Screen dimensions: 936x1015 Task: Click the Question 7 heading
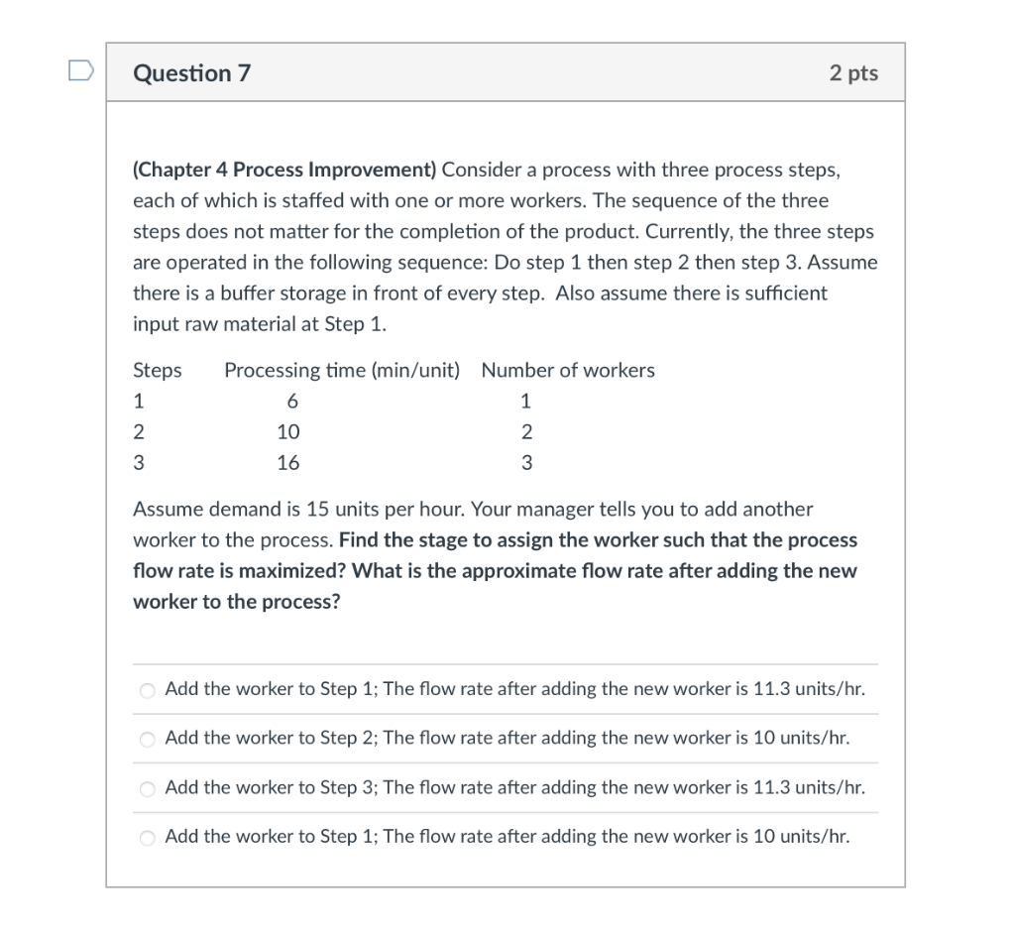(192, 73)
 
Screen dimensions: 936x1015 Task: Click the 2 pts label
(853, 73)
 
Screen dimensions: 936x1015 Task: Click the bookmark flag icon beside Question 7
(81, 71)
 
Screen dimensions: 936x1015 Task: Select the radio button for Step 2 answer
(148, 740)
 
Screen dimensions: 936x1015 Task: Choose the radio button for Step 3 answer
(148, 789)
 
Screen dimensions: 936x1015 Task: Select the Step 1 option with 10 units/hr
(148, 838)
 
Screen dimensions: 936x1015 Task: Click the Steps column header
(158, 371)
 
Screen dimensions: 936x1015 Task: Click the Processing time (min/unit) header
(342, 371)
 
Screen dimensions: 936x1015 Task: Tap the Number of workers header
(568, 371)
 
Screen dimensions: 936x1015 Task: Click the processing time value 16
(288, 463)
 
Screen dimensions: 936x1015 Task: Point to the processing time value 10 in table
(288, 432)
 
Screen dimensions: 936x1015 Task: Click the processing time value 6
(290, 402)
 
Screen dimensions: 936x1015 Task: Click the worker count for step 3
(526, 463)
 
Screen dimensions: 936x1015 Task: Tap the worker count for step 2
(526, 432)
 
